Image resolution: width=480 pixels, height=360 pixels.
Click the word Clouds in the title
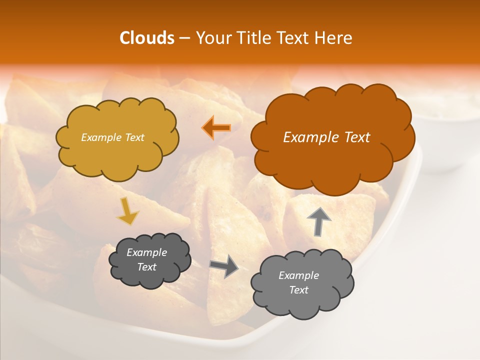(x=147, y=38)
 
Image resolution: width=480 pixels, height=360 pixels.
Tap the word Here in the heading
(x=333, y=38)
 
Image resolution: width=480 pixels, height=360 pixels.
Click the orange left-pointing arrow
(x=216, y=128)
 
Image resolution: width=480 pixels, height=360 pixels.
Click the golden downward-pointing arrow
(x=127, y=210)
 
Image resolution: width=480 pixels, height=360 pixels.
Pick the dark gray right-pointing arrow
(x=224, y=266)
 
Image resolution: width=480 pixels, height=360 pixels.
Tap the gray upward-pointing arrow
(x=318, y=221)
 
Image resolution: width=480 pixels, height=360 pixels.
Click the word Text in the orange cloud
(x=355, y=137)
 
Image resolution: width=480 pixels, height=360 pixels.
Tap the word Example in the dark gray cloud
(x=147, y=252)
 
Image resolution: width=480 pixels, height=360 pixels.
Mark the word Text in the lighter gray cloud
(x=299, y=290)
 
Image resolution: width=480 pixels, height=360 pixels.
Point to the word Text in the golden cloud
(x=134, y=137)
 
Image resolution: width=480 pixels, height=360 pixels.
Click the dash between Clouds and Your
(x=184, y=38)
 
